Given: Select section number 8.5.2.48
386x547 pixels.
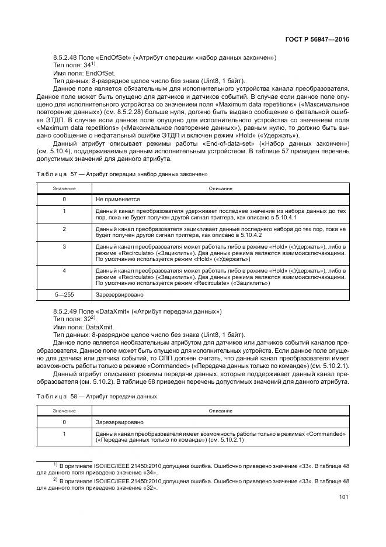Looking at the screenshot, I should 67,57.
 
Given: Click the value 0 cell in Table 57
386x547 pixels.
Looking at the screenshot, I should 64,199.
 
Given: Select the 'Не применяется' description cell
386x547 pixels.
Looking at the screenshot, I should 114,199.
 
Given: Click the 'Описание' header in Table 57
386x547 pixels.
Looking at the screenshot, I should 221,188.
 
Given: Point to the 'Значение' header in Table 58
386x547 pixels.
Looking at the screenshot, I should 64,411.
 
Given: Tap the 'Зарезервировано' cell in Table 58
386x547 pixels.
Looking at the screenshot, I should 119,421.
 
